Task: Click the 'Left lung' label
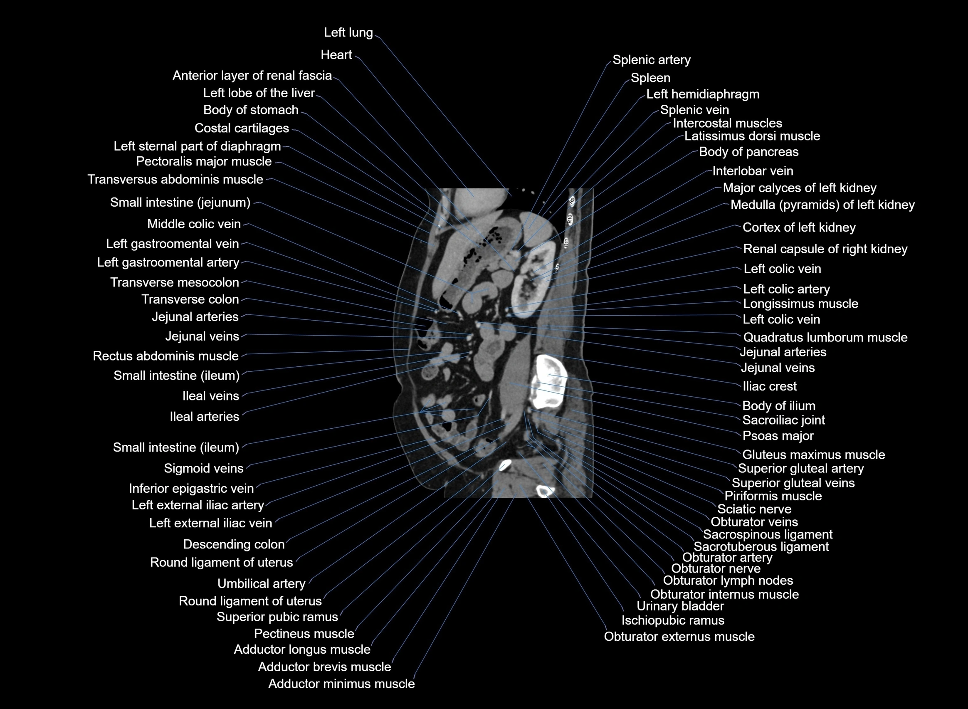pos(348,32)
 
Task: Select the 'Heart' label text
pos(336,55)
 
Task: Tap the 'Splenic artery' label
pos(651,60)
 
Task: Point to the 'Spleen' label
pos(650,78)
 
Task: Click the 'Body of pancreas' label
pos(748,152)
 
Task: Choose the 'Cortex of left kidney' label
pos(798,227)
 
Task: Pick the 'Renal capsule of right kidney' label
pos(825,249)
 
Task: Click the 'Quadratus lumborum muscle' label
pos(825,337)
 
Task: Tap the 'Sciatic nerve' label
pos(754,509)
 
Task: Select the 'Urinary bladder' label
pos(680,606)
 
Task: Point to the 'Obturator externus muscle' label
pos(679,637)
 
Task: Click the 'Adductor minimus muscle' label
pos(341,684)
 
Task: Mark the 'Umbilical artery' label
pos(261,584)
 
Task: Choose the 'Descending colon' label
pos(233,545)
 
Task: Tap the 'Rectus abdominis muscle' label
pos(165,356)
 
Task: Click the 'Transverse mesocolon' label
pos(174,282)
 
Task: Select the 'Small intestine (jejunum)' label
pos(180,203)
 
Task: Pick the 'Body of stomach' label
pos(251,110)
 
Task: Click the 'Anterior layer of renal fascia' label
pos(252,76)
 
